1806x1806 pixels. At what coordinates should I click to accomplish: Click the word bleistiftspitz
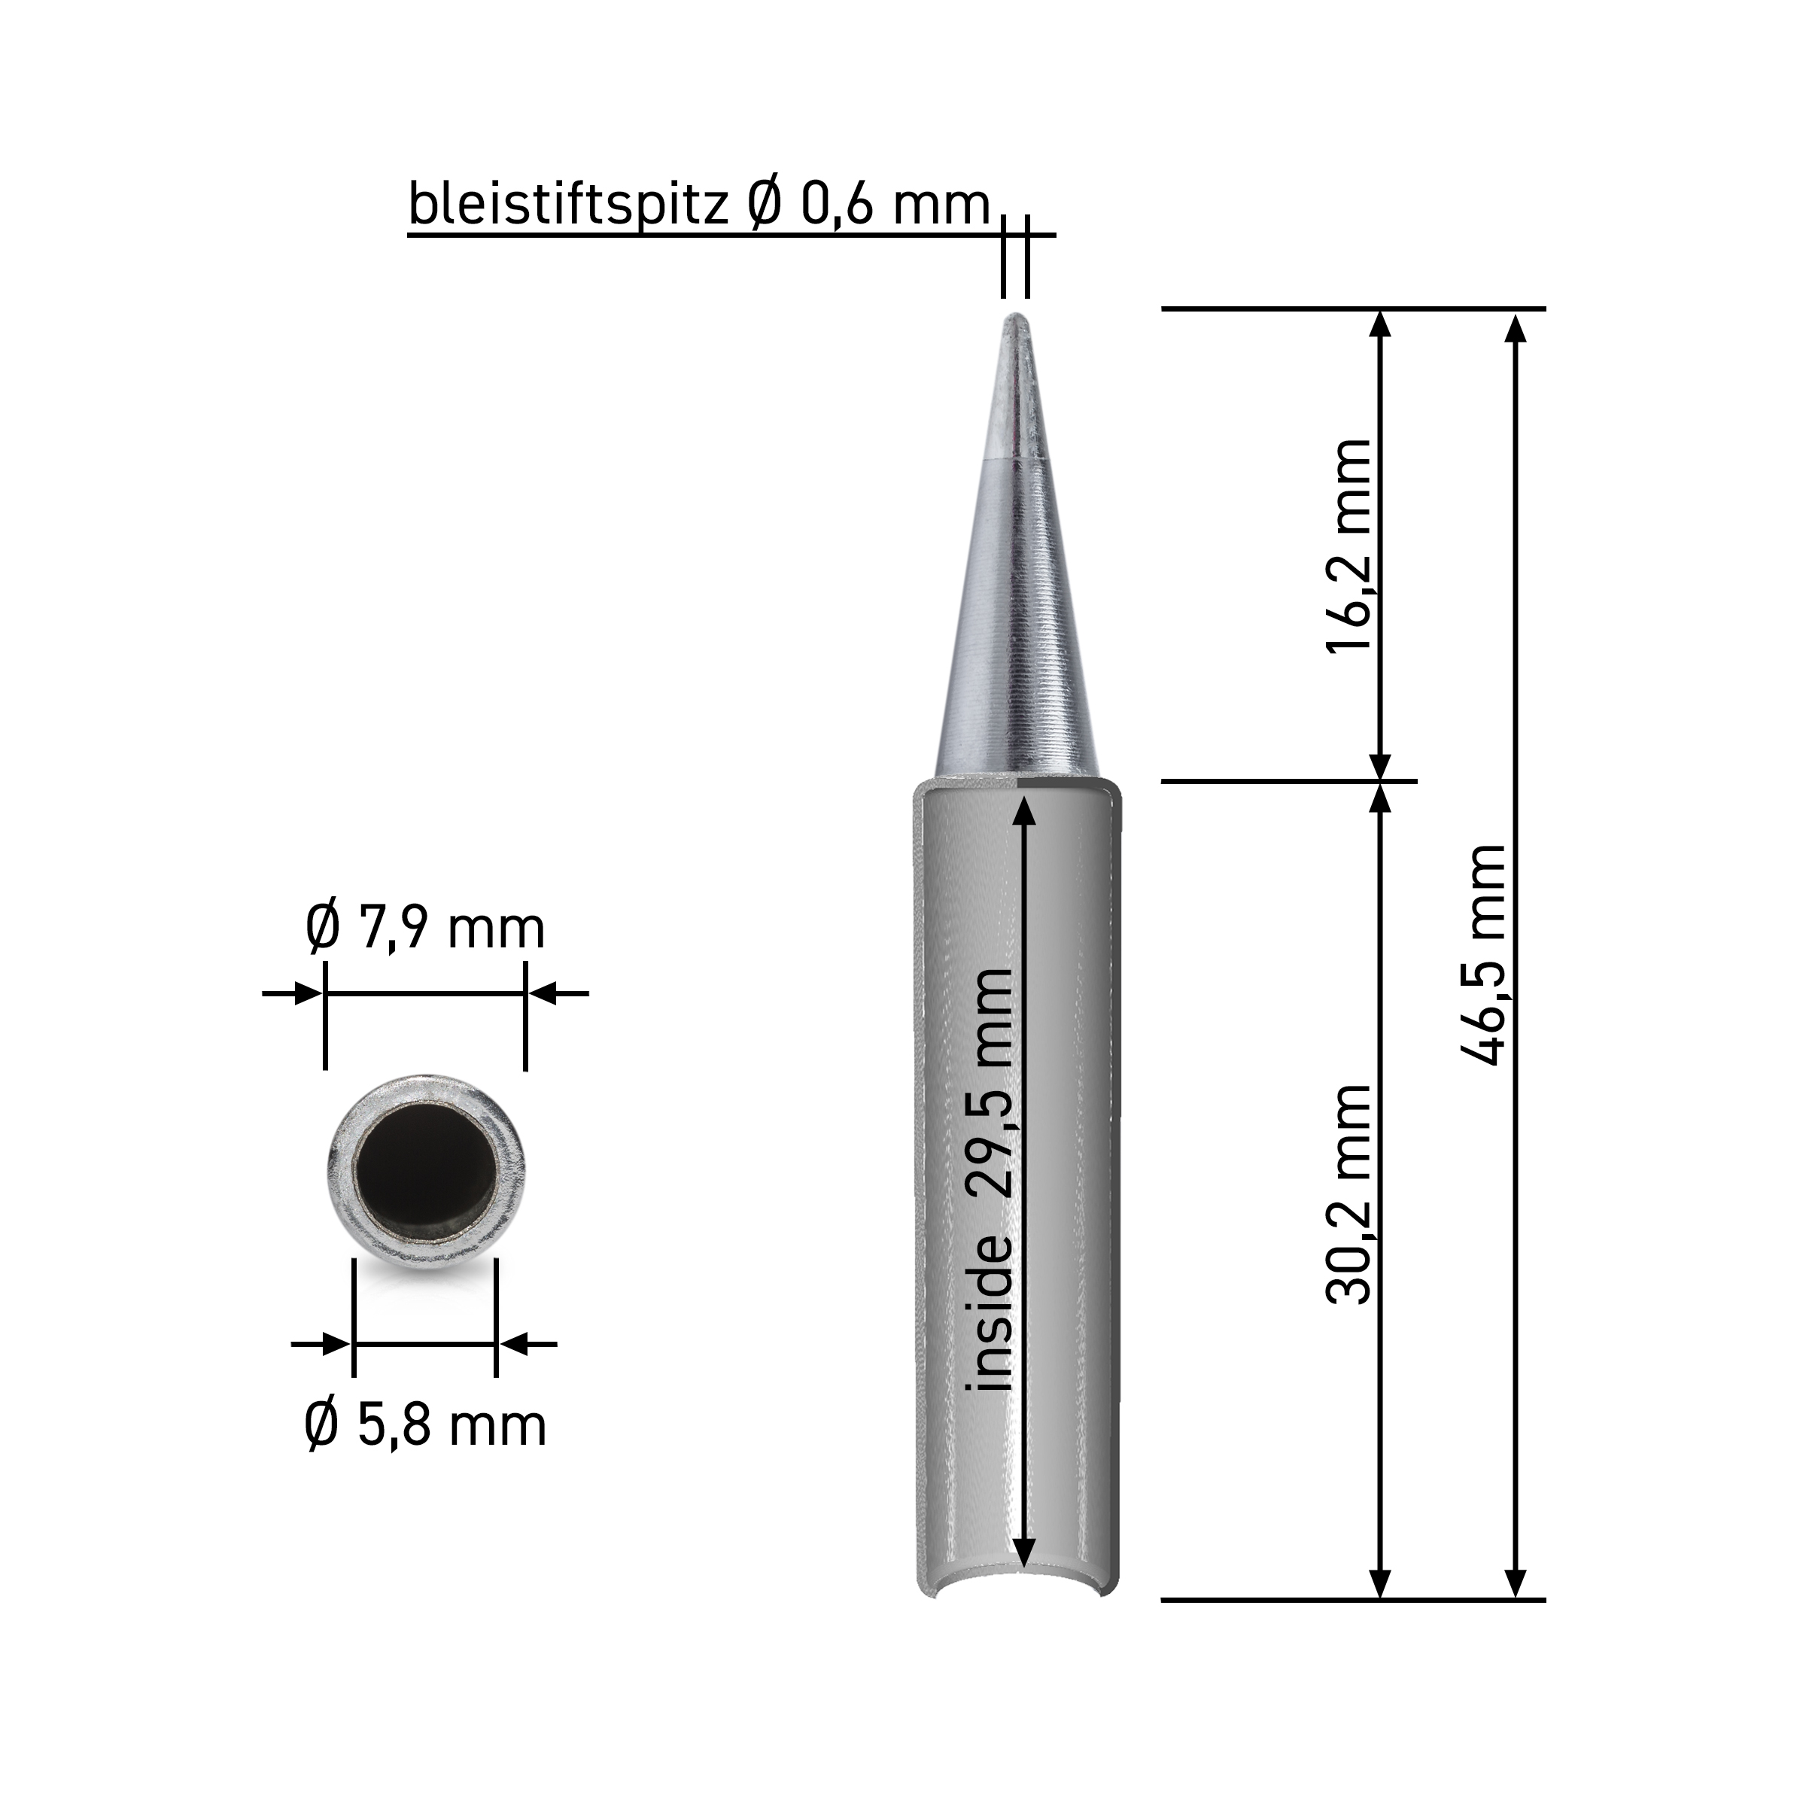point(568,203)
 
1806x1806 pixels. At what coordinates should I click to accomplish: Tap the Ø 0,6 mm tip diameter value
point(868,203)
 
